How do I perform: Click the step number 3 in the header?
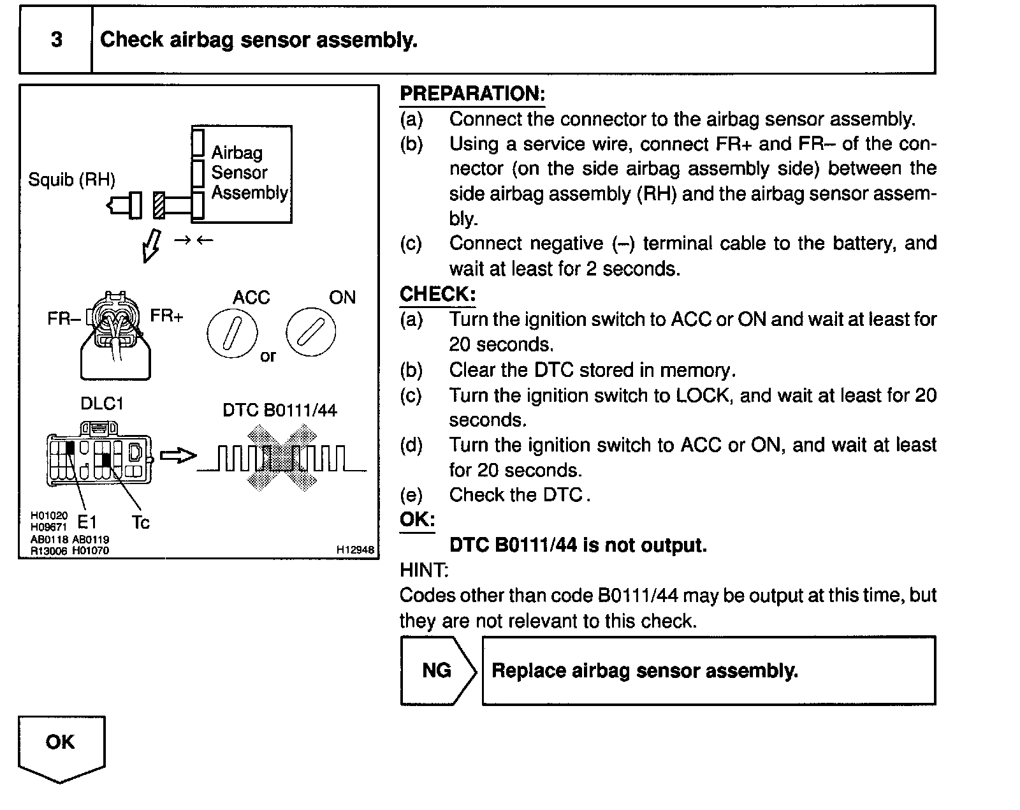(x=56, y=40)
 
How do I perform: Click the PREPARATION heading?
(x=472, y=94)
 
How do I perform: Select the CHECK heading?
(x=437, y=294)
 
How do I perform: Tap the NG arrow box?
(x=437, y=670)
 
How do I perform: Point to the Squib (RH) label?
(x=71, y=180)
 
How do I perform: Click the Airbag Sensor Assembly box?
(x=242, y=173)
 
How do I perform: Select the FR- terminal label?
(x=63, y=318)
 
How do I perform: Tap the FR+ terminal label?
(x=166, y=316)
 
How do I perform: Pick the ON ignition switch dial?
(x=310, y=332)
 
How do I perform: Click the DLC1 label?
(x=101, y=404)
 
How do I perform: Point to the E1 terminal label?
(x=87, y=523)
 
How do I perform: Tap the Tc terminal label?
(x=140, y=523)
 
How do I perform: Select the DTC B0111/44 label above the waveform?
(x=279, y=410)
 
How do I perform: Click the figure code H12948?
(x=355, y=550)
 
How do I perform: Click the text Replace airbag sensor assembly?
(x=645, y=671)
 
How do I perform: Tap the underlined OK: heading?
(x=417, y=520)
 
